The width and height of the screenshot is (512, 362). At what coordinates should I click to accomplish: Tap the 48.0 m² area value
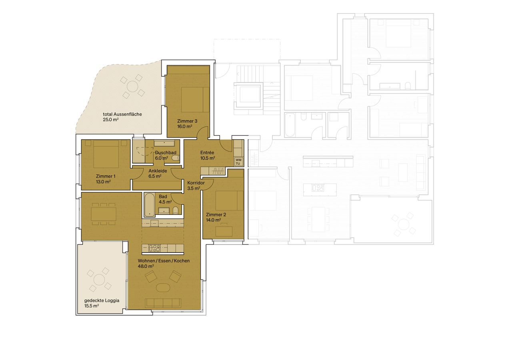coord(146,266)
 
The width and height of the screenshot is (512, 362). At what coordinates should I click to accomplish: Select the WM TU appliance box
coord(238,162)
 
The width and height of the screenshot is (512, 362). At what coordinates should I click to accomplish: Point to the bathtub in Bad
coord(149,204)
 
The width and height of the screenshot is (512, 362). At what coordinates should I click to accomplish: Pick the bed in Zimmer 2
coord(229,200)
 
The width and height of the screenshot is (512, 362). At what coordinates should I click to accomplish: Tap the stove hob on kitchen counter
coord(154,248)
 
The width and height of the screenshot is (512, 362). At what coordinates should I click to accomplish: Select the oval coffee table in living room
coord(162,288)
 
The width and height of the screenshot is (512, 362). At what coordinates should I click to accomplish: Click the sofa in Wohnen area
coord(163,303)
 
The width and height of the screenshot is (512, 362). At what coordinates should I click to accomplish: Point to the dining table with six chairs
coord(104,214)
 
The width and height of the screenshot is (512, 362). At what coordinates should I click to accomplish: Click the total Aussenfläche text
coord(122,114)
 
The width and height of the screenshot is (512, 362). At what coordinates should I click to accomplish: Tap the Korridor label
coord(196,183)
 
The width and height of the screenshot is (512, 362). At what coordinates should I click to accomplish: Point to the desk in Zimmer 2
coord(224,231)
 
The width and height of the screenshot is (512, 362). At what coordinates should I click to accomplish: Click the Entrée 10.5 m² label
coord(207,155)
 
